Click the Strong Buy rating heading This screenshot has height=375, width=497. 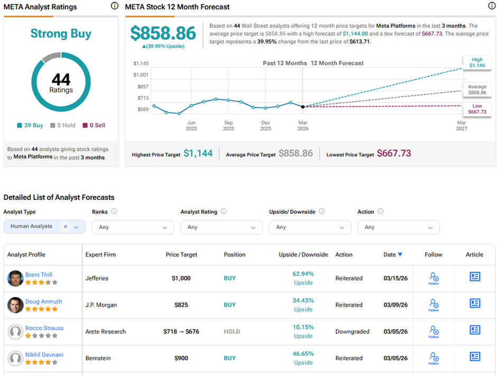click(61, 34)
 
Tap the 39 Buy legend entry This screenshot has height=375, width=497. click(30, 126)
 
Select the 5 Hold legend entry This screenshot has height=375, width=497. click(63, 126)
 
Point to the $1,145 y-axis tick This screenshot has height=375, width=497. click(141, 64)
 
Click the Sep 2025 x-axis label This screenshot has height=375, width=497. click(228, 126)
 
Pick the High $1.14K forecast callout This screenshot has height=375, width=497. click(477, 63)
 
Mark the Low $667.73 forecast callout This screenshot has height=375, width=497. click(477, 109)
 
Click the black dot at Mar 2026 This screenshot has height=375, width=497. click(303, 106)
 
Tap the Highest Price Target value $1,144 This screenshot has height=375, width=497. click(198, 154)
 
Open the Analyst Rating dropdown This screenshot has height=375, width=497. click(222, 227)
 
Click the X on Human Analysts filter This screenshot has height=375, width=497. click(66, 226)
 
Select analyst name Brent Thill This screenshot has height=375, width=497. click(39, 275)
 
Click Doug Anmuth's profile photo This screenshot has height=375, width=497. click(15, 305)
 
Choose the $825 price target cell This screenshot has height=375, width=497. click(181, 305)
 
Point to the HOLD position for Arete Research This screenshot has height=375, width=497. click(232, 332)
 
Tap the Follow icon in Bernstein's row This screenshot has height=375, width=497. click(434, 358)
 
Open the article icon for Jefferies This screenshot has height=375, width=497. click(475, 277)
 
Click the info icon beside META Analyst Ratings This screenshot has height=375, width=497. click(115, 6)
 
